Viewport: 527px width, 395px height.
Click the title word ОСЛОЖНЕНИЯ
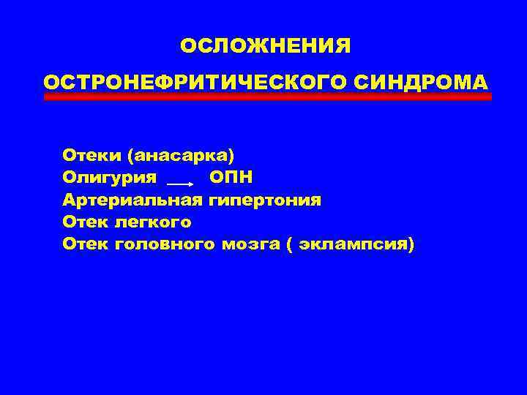tap(266, 47)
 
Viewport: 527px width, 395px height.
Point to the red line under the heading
tap(268, 97)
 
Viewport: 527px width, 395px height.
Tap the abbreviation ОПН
tap(231, 177)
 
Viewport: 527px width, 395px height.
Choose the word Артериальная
tap(132, 199)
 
